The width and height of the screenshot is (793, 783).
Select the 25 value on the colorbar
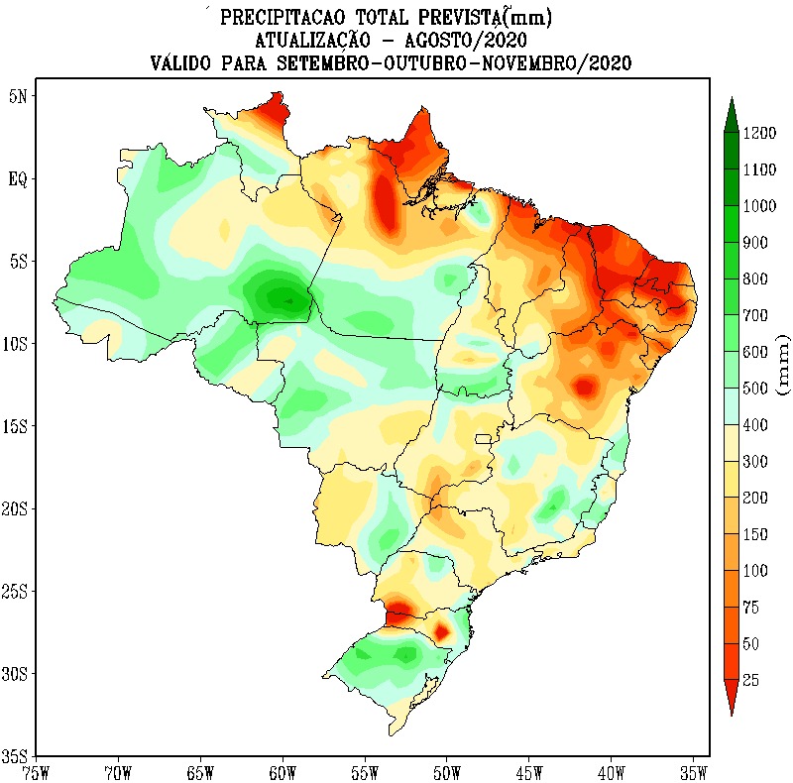751,680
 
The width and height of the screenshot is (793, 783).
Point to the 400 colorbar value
756,425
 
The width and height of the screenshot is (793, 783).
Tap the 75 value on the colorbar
751,608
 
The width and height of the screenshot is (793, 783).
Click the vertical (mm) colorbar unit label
782,365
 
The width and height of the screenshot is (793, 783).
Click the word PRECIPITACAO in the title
276,18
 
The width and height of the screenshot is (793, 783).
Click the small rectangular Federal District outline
484,438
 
